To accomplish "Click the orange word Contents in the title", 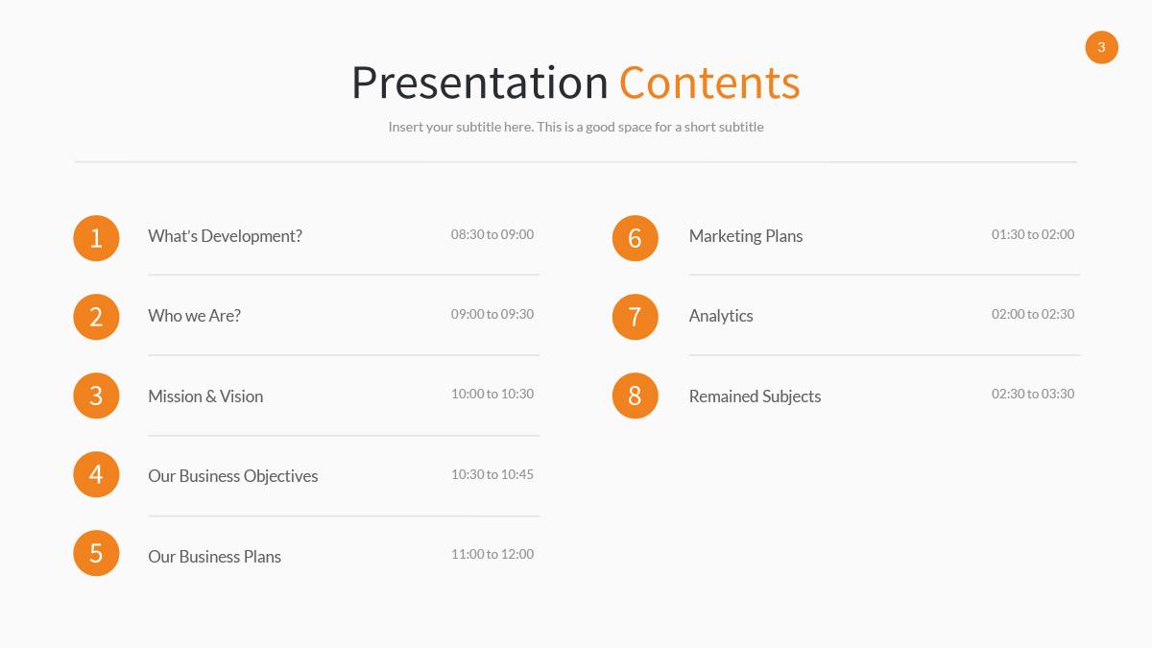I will point(708,83).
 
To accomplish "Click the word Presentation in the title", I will point(479,84).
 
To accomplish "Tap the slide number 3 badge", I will point(1101,47).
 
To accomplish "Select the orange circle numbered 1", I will point(96,238).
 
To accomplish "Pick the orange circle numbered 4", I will point(96,474).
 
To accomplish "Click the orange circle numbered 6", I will point(635,238).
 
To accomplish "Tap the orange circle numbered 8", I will point(635,396).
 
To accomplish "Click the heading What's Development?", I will point(225,236).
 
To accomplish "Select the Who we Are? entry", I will point(194,316).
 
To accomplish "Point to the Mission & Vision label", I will point(205,396).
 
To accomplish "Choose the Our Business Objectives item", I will point(232,476).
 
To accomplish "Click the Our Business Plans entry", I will point(214,557).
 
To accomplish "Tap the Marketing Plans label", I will point(745,236).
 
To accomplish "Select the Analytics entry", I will point(721,316).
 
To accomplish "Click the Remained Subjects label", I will point(755,396).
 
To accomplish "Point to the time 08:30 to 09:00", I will point(492,234).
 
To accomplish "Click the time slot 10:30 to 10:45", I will point(492,474).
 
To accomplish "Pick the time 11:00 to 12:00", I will point(492,554).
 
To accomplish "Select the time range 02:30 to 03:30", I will point(1033,394).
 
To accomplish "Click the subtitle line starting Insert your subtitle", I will point(576,127).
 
